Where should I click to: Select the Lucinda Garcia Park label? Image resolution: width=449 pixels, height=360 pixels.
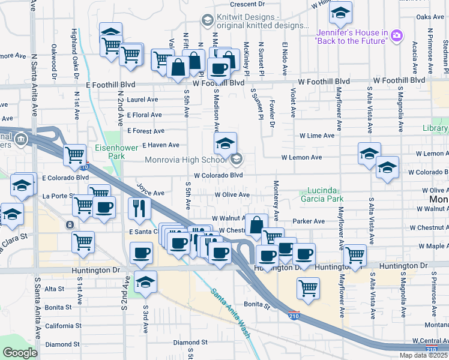pos(330,194)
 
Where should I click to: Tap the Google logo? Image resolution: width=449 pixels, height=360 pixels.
pos(20,353)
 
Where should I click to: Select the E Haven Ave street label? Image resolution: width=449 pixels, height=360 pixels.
pos(160,145)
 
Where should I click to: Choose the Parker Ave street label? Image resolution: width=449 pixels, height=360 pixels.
pos(308,221)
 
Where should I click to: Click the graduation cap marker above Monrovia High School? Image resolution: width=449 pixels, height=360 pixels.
pos(225,143)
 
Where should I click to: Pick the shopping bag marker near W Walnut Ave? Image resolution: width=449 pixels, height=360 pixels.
pos(256,225)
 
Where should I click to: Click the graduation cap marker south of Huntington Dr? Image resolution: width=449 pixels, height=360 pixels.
pos(145,281)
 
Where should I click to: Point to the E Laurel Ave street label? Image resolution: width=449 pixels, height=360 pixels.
pos(142,100)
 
